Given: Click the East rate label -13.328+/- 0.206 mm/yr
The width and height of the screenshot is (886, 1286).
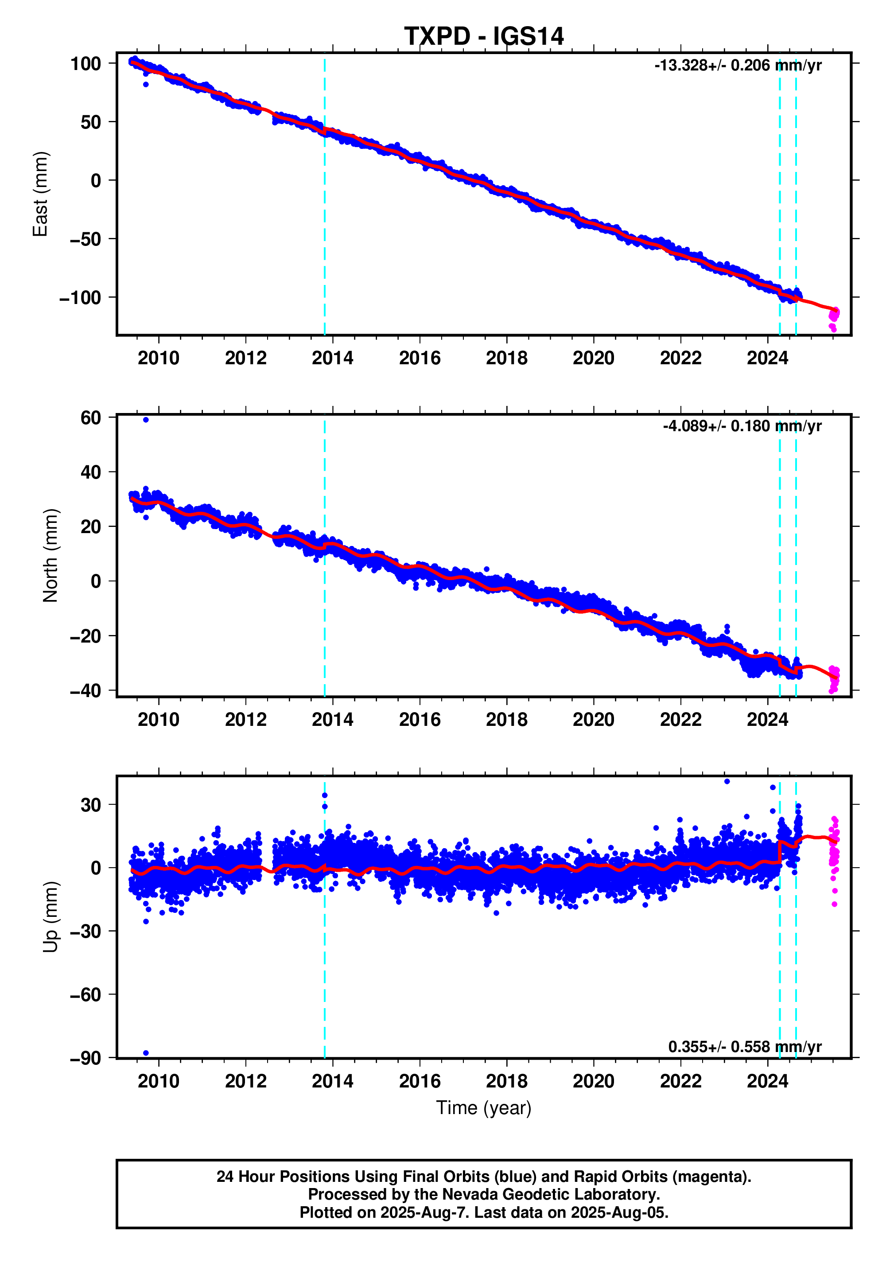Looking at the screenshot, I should click(737, 66).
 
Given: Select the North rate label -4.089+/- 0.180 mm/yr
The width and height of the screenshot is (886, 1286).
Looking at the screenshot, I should click(742, 426).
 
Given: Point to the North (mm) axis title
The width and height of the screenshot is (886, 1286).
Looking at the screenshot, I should click(50, 555).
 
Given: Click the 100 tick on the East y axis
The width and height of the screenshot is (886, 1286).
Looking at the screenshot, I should click(85, 63).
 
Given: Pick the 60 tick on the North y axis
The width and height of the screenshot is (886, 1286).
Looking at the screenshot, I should click(90, 417).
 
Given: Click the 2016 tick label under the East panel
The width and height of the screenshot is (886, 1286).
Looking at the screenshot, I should click(419, 358).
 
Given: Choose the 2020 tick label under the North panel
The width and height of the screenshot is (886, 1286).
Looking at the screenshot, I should click(594, 720).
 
